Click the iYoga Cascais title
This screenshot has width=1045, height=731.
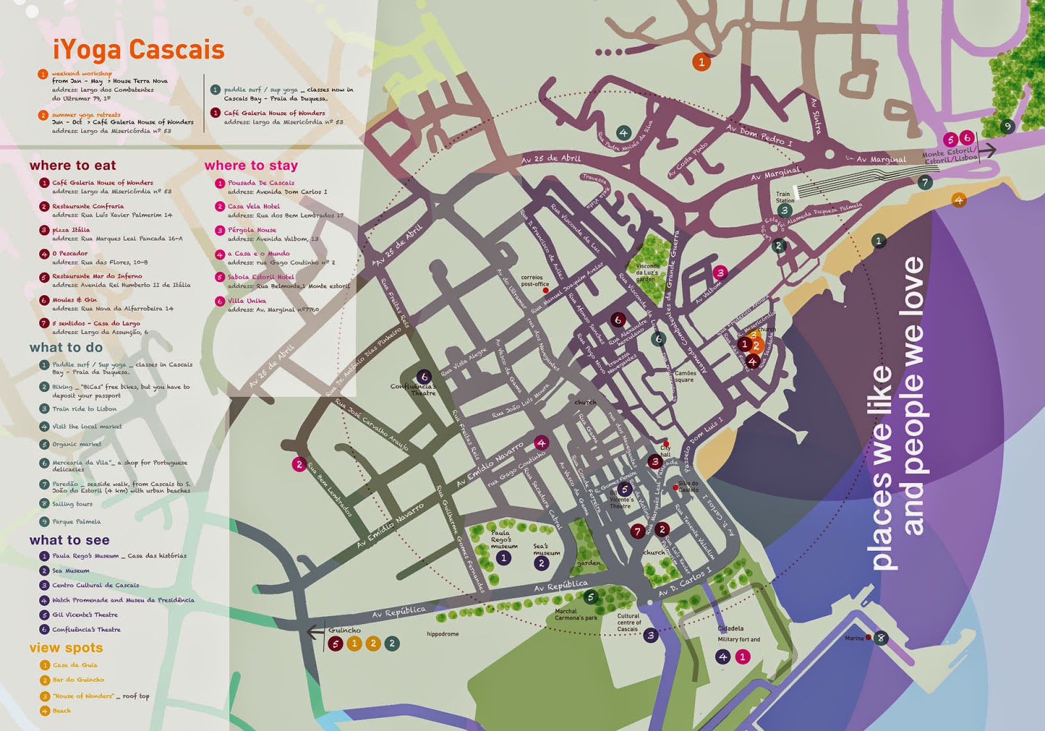coord(138,50)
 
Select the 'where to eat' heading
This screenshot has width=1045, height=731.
coord(72,165)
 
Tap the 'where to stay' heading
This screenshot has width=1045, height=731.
coord(251,165)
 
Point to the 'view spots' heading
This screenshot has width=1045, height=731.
coord(66,647)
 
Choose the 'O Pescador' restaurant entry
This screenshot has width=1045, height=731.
coord(70,253)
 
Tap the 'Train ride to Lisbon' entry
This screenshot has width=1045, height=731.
coord(84,409)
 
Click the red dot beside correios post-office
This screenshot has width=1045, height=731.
coord(546,290)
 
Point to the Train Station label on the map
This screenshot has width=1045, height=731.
coord(784,197)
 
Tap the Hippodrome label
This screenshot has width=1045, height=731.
coord(443,634)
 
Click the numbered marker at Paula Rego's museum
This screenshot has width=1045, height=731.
coord(503,558)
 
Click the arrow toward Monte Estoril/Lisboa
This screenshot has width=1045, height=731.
coord(987,150)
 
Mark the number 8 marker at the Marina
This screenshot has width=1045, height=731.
coord(881,638)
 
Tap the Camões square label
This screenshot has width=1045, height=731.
coord(684,376)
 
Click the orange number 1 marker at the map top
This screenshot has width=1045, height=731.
coord(701,62)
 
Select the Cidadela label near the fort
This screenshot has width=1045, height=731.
coord(730,628)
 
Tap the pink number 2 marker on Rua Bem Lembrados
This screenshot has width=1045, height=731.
coord(299,465)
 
